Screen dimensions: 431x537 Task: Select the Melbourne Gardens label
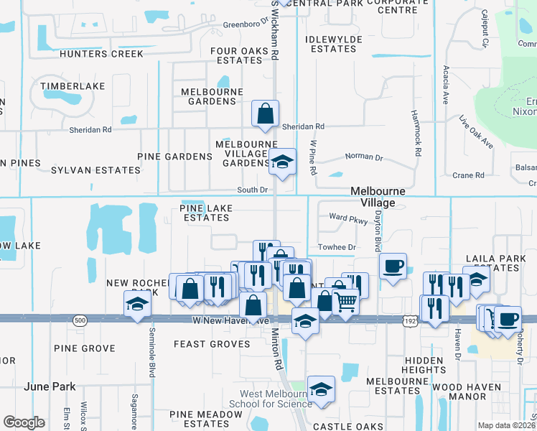(x=208, y=96)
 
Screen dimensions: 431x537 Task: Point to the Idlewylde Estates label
(x=330, y=44)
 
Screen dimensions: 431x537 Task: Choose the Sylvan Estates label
(x=95, y=170)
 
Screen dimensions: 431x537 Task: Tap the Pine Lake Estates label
(x=205, y=212)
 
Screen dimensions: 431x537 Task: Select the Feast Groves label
(x=212, y=344)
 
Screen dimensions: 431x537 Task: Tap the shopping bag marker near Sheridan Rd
(x=266, y=113)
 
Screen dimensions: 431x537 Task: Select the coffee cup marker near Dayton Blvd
(x=393, y=267)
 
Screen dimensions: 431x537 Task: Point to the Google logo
(x=24, y=422)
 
